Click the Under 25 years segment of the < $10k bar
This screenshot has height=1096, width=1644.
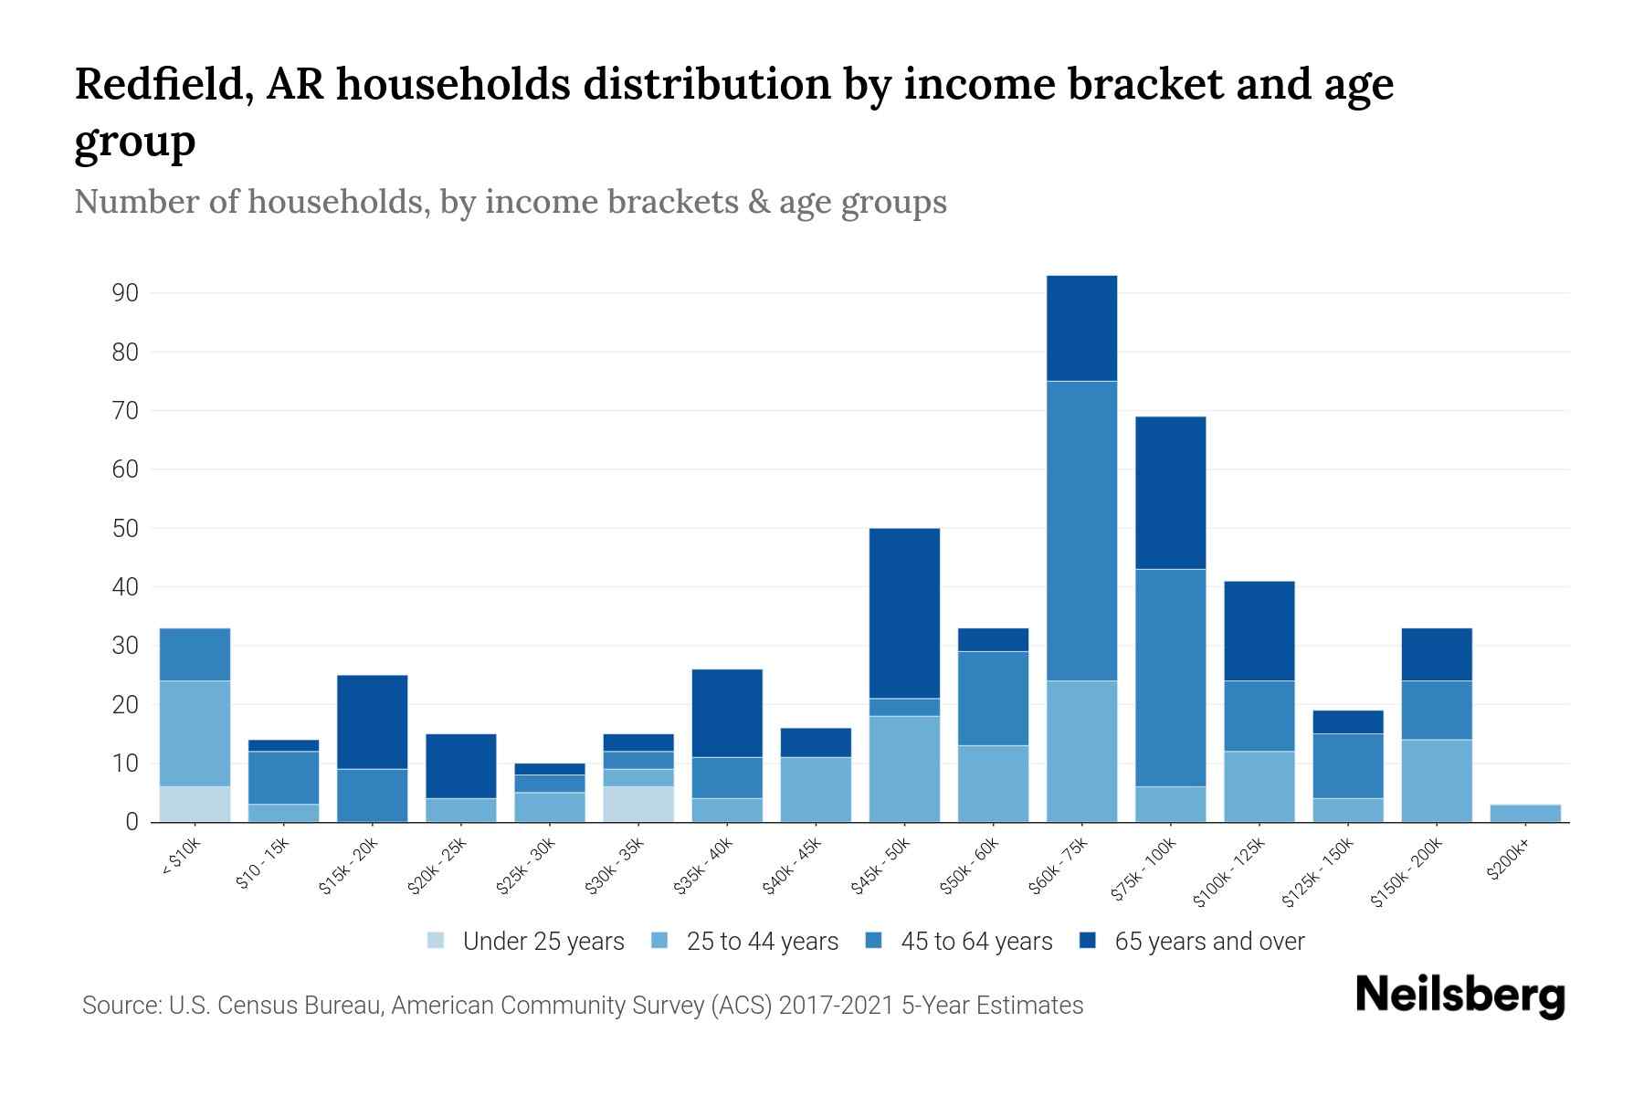[x=195, y=804]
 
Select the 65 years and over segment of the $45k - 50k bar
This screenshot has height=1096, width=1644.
[x=904, y=613]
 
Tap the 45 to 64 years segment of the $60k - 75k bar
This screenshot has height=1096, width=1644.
[x=1081, y=531]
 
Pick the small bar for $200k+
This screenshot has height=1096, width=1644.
[x=1525, y=813]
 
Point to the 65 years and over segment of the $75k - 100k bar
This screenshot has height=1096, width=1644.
[x=1170, y=493]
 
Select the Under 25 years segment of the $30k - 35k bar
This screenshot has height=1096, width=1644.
[x=638, y=804]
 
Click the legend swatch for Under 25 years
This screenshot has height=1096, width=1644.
[x=437, y=941]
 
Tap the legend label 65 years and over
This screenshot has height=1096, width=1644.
[x=1209, y=942]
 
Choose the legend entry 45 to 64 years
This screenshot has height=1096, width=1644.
[x=976, y=942]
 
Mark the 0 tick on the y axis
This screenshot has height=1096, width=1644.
[x=132, y=822]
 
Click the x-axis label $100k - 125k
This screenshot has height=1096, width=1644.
[x=1229, y=872]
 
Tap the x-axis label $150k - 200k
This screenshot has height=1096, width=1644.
[x=1407, y=872]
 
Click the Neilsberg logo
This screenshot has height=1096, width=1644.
[x=1460, y=995]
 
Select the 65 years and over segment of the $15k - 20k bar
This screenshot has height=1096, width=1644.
[x=372, y=722]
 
